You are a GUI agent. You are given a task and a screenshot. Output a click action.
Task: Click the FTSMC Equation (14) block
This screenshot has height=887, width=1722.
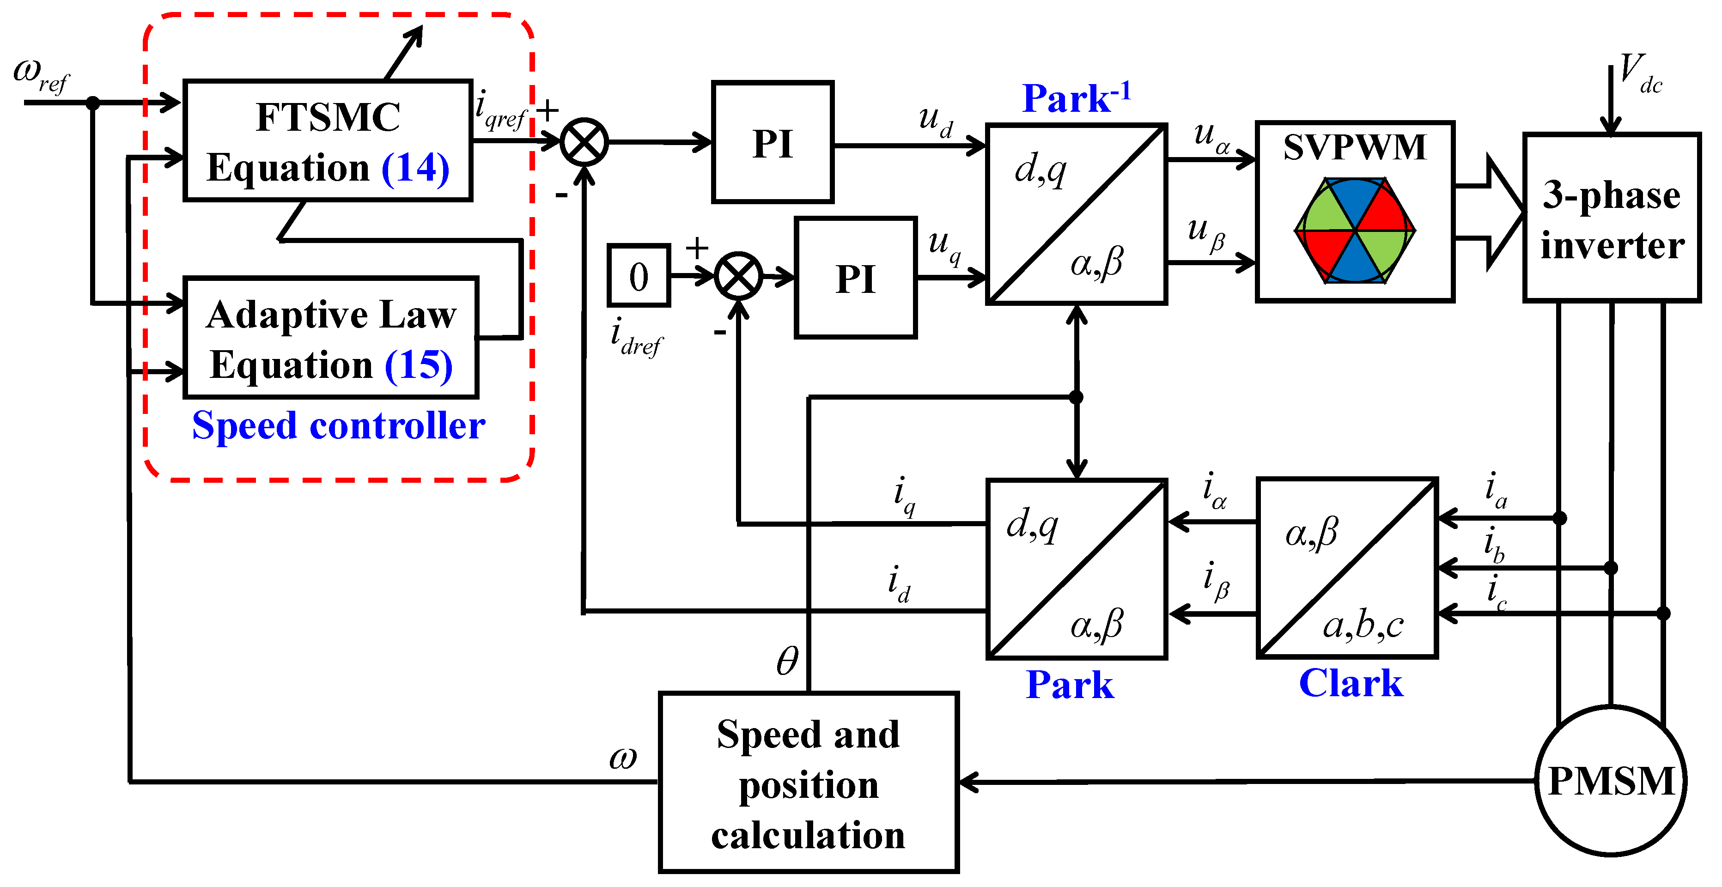pyautogui.click(x=328, y=140)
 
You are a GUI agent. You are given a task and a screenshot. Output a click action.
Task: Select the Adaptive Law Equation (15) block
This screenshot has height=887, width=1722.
pyautogui.click(x=331, y=338)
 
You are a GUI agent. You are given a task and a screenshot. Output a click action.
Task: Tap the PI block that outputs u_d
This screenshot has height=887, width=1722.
pyautogui.click(x=772, y=142)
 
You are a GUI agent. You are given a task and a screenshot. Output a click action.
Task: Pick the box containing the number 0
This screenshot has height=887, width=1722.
pyautogui.click(x=639, y=275)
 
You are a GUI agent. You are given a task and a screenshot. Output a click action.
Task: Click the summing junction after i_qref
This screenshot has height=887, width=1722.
pyautogui.click(x=584, y=142)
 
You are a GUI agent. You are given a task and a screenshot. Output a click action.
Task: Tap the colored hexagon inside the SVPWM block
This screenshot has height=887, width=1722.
pyautogui.click(x=1355, y=231)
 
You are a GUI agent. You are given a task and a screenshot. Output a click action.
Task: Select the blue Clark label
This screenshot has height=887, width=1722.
pyautogui.click(x=1351, y=683)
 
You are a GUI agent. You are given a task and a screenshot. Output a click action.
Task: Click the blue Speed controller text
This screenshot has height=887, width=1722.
pyautogui.click(x=338, y=426)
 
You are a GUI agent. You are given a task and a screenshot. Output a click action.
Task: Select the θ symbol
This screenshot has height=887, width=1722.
pyautogui.click(x=787, y=662)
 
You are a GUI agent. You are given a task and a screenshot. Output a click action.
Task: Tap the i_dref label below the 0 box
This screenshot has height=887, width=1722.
pyautogui.click(x=635, y=338)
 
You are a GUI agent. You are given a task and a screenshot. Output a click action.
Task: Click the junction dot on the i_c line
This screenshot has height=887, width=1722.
pyautogui.click(x=1663, y=613)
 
